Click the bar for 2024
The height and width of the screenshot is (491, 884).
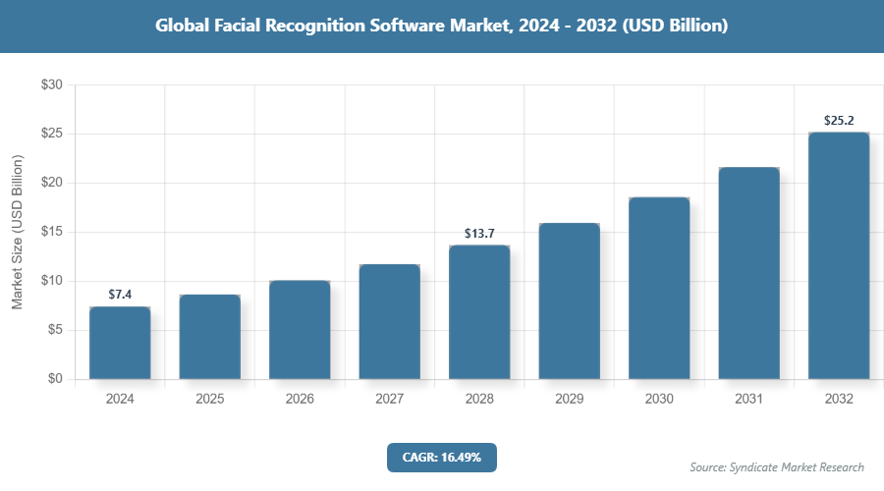pyautogui.click(x=120, y=343)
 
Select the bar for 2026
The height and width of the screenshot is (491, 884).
pyautogui.click(x=300, y=330)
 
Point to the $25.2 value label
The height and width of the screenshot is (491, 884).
pyautogui.click(x=839, y=121)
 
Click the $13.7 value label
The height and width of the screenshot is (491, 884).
pyautogui.click(x=479, y=234)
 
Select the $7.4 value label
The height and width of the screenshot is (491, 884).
pyautogui.click(x=120, y=295)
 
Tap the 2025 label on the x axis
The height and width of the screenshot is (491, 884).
pyautogui.click(x=209, y=399)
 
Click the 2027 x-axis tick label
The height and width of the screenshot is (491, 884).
pyautogui.click(x=389, y=399)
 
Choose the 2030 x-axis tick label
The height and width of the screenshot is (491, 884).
pyautogui.click(x=659, y=399)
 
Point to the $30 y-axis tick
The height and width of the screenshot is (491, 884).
pyautogui.click(x=52, y=85)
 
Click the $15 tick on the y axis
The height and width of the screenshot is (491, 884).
pyautogui.click(x=52, y=232)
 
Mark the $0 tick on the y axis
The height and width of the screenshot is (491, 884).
pyautogui.click(x=55, y=379)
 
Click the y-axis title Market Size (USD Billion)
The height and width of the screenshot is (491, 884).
pyautogui.click(x=17, y=232)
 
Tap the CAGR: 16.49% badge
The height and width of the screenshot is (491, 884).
pyautogui.click(x=442, y=457)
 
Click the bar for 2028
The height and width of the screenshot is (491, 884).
pyautogui.click(x=479, y=312)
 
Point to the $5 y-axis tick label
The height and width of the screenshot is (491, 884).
pyautogui.click(x=55, y=330)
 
